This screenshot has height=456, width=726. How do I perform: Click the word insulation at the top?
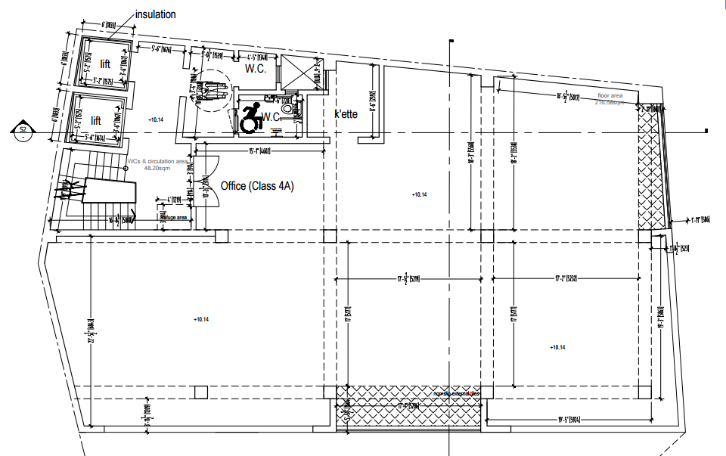point(155,14)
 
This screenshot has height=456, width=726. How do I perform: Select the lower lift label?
point(96,120)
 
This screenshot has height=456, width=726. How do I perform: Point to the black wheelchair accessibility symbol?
point(250,117)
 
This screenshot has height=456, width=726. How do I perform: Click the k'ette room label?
point(346,115)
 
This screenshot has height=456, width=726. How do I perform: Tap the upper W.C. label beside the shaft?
point(254,68)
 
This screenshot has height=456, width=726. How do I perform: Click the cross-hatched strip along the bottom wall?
point(409,405)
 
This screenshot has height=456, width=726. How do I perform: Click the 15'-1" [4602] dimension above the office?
point(259,150)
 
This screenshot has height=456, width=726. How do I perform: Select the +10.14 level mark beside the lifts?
point(156,119)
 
